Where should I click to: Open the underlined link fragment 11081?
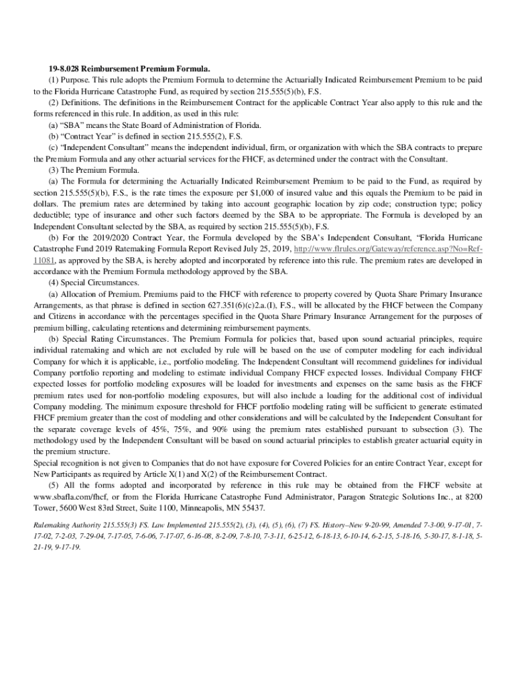[x=44, y=261]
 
